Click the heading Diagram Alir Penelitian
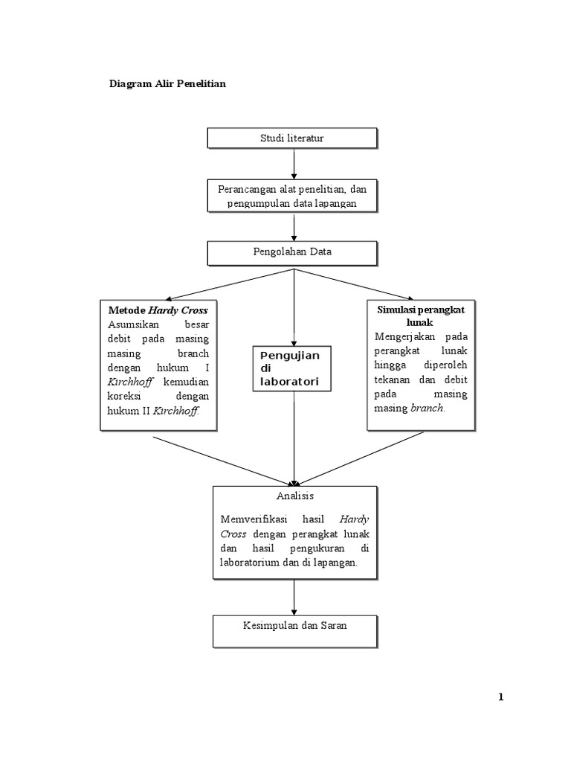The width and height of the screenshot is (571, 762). pos(167,84)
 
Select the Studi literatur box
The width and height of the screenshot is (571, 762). pos(291,138)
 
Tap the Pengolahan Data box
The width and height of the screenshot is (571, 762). pos(291,252)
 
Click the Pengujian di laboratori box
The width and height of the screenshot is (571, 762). pos(291,368)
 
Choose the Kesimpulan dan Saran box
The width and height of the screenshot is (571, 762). pos(294,626)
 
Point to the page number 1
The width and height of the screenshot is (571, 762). pos(501,697)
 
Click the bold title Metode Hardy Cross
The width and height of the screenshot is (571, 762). pos(158,310)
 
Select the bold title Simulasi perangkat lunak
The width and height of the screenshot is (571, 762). pos(420,316)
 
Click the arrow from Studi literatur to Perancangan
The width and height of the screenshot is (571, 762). pos(294,164)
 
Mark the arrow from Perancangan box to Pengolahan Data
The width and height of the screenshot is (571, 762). pos(294,227)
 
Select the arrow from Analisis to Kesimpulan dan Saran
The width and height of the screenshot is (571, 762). pos(294,597)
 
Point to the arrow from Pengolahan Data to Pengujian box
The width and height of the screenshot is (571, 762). pos(294,305)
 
